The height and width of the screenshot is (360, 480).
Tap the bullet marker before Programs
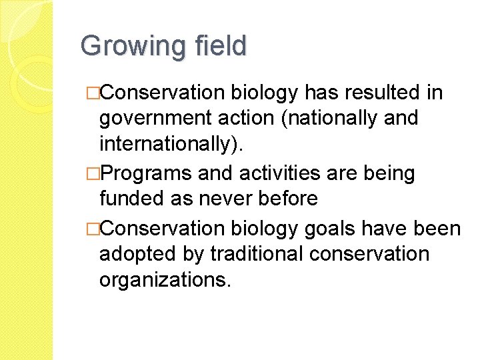[92, 174]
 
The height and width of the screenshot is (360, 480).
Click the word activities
[281, 173]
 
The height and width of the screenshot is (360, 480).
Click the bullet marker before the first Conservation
[92, 93]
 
